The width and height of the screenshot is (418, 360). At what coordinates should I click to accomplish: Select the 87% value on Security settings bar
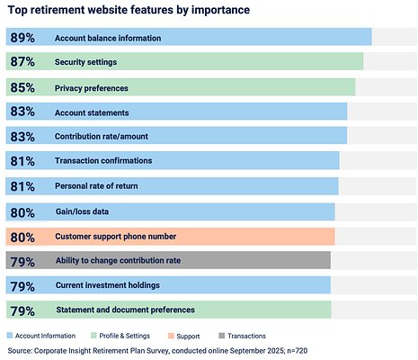click(x=20, y=62)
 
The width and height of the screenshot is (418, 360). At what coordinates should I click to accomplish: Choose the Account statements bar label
click(x=92, y=112)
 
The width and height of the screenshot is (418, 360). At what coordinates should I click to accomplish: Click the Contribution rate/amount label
click(x=102, y=137)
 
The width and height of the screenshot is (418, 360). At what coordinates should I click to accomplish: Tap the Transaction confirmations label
click(x=103, y=161)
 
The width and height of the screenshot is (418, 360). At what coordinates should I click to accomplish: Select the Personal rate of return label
click(x=102, y=186)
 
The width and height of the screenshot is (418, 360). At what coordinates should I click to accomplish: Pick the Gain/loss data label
click(x=82, y=211)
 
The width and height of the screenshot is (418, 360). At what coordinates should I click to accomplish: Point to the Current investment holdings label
click(x=107, y=285)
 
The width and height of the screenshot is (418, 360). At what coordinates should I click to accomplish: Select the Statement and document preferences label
click(x=125, y=310)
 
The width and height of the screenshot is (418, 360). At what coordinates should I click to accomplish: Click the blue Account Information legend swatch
click(x=10, y=335)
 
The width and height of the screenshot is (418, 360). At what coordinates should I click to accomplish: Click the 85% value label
click(x=20, y=87)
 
